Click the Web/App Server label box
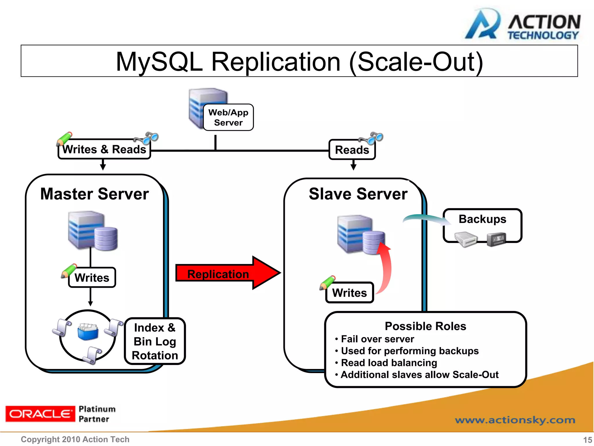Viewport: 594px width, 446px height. tap(228, 117)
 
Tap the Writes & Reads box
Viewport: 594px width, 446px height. tap(104, 150)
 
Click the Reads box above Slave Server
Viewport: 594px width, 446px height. tap(352, 150)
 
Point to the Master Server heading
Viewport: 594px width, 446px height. tap(95, 194)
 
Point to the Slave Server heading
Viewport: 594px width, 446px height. tap(358, 194)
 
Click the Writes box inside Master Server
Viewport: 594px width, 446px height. tap(92, 278)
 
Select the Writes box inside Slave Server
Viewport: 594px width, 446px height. tap(349, 293)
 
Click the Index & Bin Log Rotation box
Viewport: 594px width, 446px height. tap(155, 341)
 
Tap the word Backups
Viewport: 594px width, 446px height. tap(482, 219)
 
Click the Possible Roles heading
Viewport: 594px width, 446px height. tap(425, 326)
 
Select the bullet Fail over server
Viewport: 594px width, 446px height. tap(377, 339)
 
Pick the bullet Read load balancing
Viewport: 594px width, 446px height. tap(389, 363)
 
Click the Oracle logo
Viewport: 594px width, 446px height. tap(40, 414)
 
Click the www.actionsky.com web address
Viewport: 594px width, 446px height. tap(515, 420)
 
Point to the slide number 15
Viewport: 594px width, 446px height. tap(587, 440)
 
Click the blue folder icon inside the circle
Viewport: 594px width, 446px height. tap(88, 332)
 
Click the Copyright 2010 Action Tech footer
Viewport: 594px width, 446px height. tap(75, 439)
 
